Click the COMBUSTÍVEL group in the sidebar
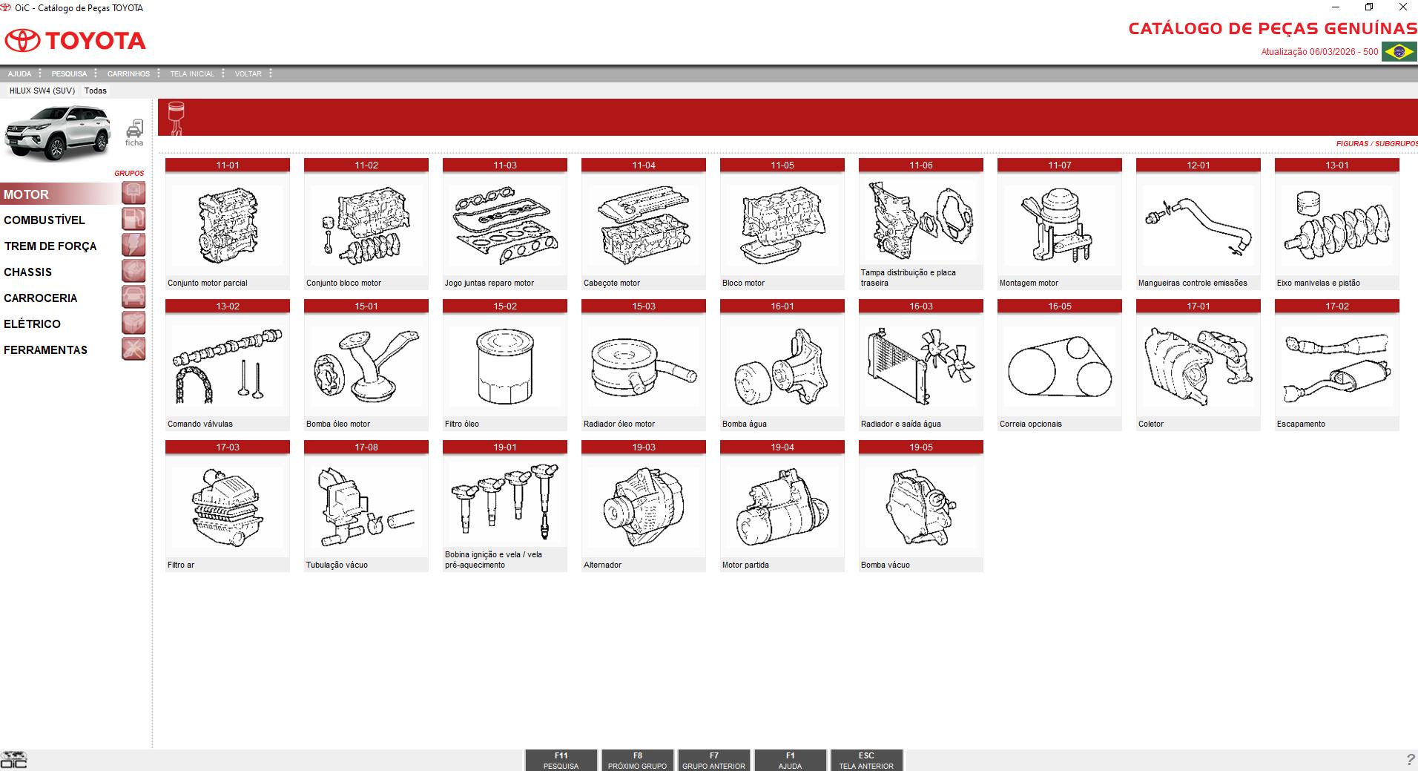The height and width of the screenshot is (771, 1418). (44, 220)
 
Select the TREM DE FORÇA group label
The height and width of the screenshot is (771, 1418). (50, 246)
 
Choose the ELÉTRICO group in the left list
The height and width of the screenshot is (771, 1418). (32, 324)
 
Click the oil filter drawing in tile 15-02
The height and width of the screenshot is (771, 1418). (504, 367)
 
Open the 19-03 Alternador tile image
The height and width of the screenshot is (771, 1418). (643, 508)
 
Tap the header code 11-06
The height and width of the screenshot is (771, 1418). (920, 165)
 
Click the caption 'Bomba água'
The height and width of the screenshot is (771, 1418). (744, 424)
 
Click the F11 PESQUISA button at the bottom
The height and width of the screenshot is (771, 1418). (561, 761)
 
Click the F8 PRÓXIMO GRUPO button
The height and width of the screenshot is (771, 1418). (637, 761)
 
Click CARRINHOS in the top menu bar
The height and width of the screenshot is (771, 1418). (128, 74)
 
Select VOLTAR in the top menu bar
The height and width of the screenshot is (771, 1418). (248, 74)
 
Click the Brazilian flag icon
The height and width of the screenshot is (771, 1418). (1399, 52)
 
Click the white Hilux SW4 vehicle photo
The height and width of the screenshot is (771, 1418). (58, 133)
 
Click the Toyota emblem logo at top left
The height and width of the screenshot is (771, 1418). (24, 41)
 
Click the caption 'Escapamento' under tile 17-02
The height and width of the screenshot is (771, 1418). (1301, 424)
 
